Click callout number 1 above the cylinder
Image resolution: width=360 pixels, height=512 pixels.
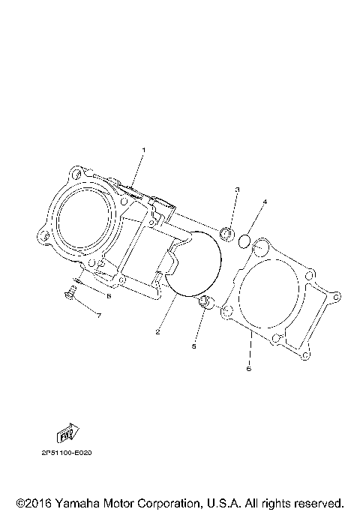coord(143,150)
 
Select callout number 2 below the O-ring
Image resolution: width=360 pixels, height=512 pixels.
coord(157,332)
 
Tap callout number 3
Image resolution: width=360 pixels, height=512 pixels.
coord(238,190)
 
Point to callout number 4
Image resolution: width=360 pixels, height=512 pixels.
coord(265,202)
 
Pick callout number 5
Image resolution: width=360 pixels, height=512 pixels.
coord(193,346)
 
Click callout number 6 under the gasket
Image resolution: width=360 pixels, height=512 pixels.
coord(249,369)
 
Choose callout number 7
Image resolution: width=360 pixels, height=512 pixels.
coord(98,316)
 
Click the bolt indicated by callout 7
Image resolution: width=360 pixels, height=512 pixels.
coord(70,292)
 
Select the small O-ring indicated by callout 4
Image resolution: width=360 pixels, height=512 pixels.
coord(244,241)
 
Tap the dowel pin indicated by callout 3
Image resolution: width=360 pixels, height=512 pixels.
coord(227,235)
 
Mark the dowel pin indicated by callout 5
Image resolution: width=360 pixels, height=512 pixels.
coord(205,302)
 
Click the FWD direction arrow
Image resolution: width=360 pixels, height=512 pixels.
coord(68,433)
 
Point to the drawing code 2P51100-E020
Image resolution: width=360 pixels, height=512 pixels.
coord(67,453)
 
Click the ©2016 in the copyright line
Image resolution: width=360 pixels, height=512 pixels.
coord(34,503)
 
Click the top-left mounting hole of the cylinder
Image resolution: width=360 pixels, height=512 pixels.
coord(76,174)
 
